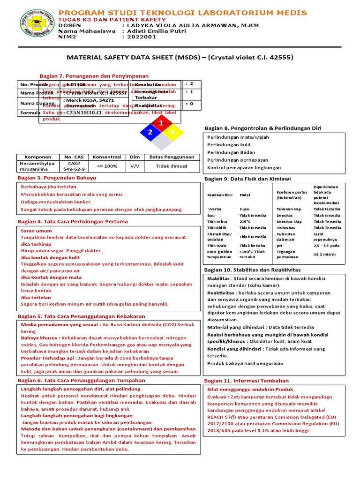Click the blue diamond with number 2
click(150, 133)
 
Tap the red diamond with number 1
click(161, 123)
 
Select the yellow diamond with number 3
click(172, 133)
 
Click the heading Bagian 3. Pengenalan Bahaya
click(56, 178)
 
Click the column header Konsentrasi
click(107, 157)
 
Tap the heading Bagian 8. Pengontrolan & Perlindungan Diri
click(263, 128)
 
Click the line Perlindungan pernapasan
click(235, 160)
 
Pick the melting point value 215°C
click(245, 221)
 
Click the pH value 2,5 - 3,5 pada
click(326, 245)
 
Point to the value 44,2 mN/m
click(324, 254)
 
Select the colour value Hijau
click(245, 209)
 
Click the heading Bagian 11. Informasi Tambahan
click(247, 381)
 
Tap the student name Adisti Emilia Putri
click(154, 31)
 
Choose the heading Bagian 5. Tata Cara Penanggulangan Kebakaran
click(81, 316)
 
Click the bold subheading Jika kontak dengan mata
click(51, 277)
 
